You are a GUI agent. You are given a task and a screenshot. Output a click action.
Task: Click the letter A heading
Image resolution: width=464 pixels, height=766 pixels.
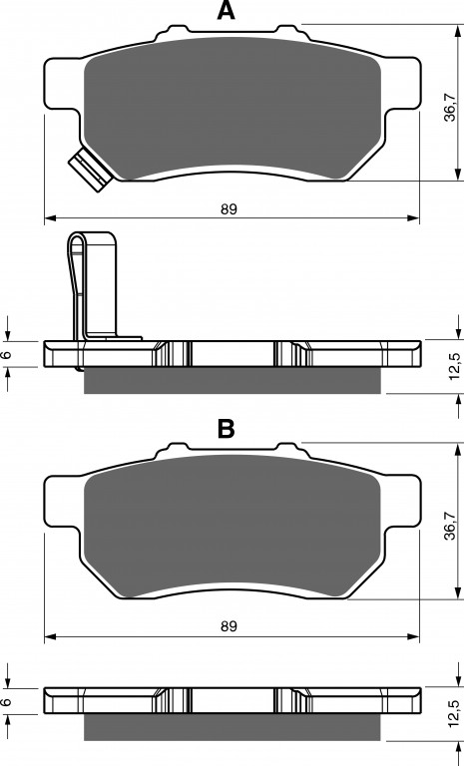(226, 10)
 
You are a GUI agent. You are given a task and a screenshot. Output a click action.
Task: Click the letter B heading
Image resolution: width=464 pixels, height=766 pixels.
(226, 429)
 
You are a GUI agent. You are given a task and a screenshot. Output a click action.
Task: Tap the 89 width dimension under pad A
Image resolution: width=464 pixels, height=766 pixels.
(229, 209)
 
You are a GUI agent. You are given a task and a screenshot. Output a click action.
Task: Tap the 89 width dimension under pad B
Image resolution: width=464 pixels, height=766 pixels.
(229, 626)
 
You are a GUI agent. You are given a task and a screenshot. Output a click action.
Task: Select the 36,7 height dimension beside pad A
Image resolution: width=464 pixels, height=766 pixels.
(451, 108)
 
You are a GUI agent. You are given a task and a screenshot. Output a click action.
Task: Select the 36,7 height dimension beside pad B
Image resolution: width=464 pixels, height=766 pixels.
(451, 527)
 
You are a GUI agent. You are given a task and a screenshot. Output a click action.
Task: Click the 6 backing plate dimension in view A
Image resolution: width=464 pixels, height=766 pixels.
(7, 355)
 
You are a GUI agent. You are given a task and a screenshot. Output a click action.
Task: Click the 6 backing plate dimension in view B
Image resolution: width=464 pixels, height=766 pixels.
(7, 702)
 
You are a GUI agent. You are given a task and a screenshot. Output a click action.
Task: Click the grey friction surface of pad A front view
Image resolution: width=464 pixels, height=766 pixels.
(232, 109)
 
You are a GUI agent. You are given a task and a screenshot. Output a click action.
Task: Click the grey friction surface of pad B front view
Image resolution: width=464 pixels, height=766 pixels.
(232, 527)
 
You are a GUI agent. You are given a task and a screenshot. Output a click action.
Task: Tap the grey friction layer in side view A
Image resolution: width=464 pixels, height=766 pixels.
(232, 381)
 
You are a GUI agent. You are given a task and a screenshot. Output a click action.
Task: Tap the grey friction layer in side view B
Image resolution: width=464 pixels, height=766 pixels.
(232, 727)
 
